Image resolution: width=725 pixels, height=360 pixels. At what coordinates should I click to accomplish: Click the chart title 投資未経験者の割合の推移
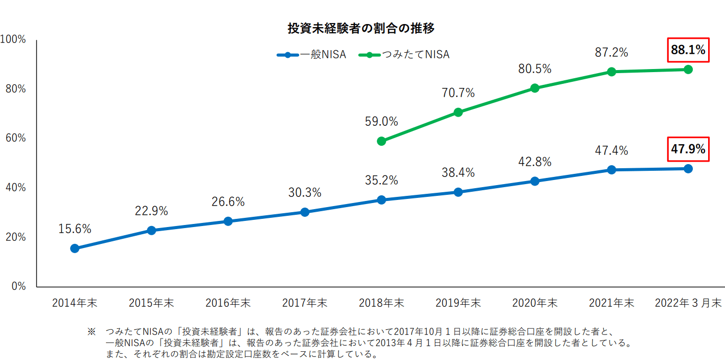(361, 29)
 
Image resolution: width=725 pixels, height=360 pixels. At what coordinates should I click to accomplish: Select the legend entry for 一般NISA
(311, 55)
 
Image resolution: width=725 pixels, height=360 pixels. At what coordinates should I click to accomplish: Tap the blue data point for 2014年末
(75, 249)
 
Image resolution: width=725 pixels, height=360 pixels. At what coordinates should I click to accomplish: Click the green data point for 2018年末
(381, 141)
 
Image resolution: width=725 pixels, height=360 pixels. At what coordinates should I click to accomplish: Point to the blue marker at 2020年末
(535, 181)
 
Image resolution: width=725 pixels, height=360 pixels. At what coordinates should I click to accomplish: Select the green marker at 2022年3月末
(688, 70)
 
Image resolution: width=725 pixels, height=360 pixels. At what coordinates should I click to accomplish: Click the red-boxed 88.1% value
(688, 50)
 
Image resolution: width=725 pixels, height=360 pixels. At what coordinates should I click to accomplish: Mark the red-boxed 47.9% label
(688, 149)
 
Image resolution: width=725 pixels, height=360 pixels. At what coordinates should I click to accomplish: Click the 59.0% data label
(381, 122)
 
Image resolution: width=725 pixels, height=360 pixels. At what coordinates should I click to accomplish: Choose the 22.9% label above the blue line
(151, 211)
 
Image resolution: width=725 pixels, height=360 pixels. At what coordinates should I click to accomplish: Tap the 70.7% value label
(458, 93)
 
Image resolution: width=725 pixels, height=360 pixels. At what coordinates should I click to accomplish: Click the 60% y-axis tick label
(15, 138)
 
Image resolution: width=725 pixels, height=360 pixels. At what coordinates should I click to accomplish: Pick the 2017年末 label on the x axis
(305, 303)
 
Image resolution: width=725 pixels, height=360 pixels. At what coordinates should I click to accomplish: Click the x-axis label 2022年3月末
(688, 303)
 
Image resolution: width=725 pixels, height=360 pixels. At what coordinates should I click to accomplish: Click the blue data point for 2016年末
(228, 221)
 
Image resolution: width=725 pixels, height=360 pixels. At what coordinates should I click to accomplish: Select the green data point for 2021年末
(611, 72)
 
